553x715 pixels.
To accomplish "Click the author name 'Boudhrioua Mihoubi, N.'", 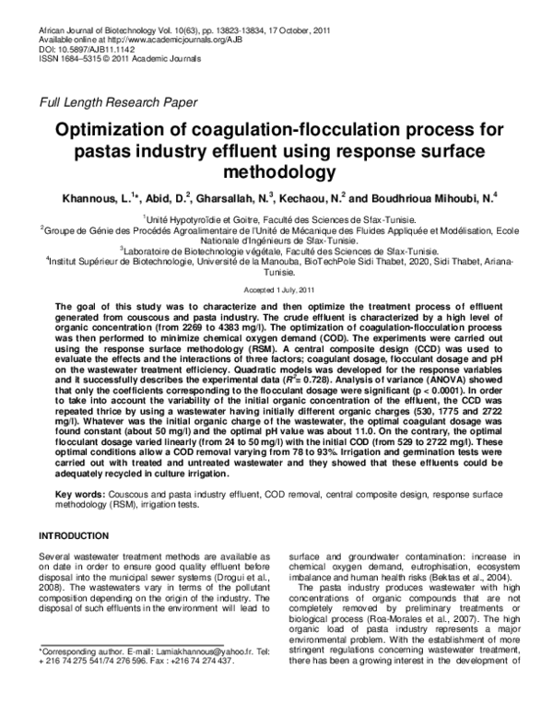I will [428, 198].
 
